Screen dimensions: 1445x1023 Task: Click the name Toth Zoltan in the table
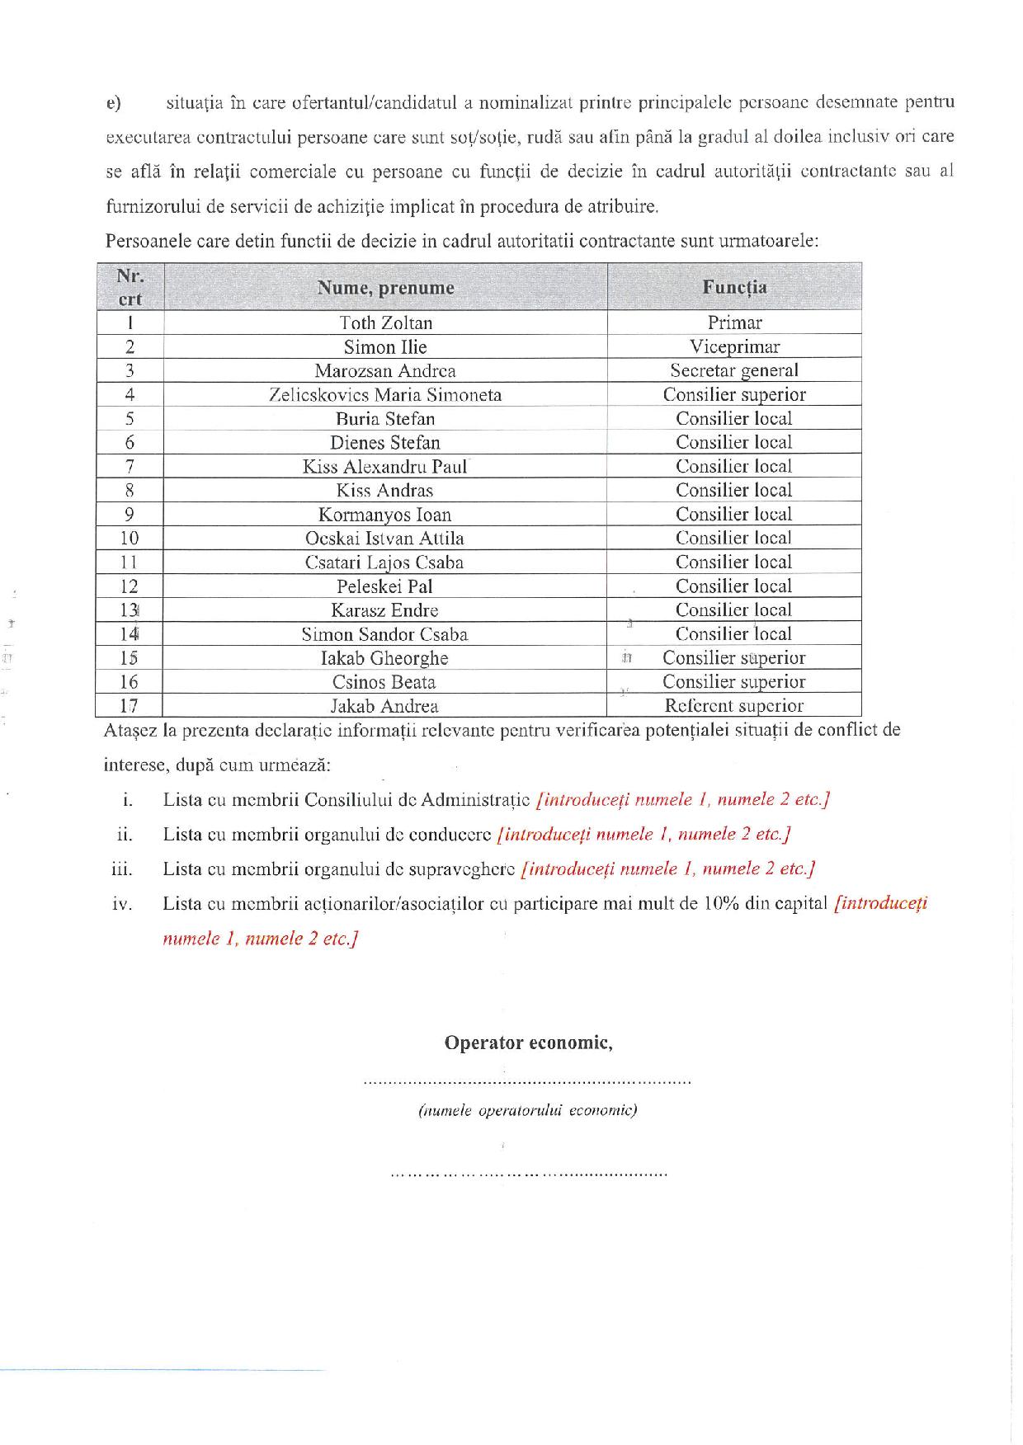point(385,322)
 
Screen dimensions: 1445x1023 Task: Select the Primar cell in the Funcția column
point(734,322)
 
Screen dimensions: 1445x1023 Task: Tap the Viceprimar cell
point(734,346)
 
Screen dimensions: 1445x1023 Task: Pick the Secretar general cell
point(734,370)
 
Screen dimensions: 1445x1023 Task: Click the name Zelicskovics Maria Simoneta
point(385,394)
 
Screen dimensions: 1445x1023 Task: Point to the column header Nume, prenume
point(385,288)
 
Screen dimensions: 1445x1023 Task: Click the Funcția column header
point(734,287)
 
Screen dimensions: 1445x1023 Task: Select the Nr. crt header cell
point(130,287)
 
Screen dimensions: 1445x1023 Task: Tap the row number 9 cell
point(130,515)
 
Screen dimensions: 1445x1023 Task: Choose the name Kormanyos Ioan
point(385,515)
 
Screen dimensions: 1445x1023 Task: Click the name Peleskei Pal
point(385,586)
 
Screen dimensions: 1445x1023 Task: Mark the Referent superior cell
point(734,706)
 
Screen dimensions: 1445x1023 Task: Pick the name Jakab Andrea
point(385,706)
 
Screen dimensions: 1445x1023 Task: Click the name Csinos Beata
point(385,682)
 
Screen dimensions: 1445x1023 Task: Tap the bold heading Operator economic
point(528,1043)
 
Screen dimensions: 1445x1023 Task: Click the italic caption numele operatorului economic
point(528,1110)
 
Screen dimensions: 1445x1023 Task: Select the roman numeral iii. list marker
point(122,868)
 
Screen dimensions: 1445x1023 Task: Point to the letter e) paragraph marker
point(114,103)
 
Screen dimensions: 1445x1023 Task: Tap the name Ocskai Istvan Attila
point(385,539)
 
